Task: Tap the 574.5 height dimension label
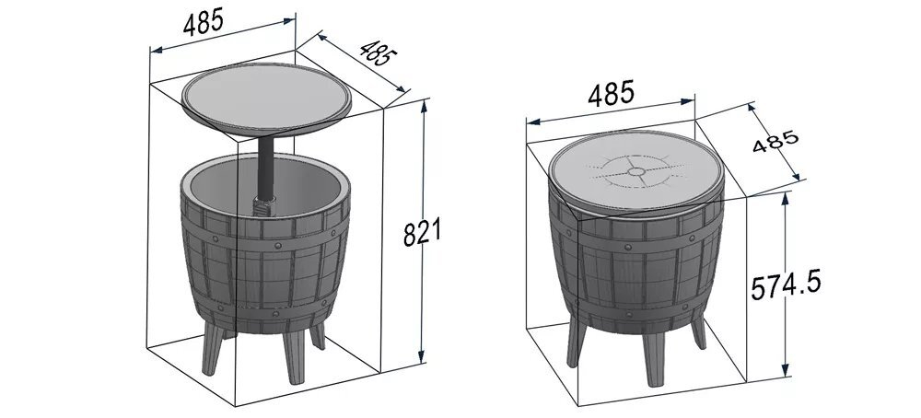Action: click(x=786, y=285)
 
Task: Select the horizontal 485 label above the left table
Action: click(x=204, y=22)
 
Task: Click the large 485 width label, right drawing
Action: click(x=611, y=93)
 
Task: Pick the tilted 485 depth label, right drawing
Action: click(x=775, y=141)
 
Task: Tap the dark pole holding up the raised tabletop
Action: click(x=266, y=168)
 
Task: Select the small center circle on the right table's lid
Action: click(x=635, y=171)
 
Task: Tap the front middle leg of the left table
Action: click(x=294, y=355)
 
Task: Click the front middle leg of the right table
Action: click(x=653, y=359)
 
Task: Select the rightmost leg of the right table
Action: click(x=698, y=331)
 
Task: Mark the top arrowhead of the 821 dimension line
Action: click(x=424, y=106)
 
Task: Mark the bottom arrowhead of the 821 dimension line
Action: click(x=421, y=356)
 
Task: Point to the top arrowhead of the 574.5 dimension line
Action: click(x=786, y=199)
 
